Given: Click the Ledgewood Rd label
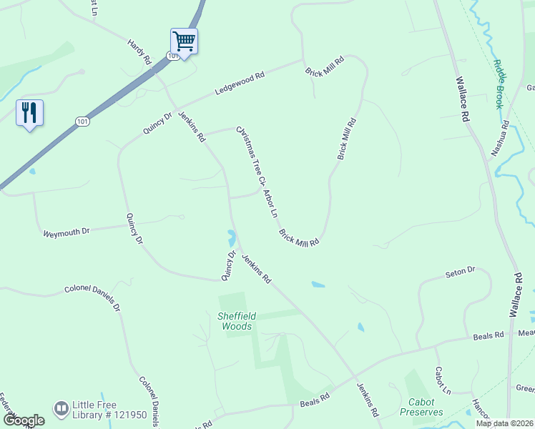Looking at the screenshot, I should click(x=240, y=84).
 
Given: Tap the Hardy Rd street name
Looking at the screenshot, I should click(x=139, y=52).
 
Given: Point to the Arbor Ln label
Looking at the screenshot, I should click(x=271, y=203).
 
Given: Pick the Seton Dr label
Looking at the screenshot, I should click(x=460, y=272).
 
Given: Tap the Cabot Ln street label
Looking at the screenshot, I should click(x=443, y=380).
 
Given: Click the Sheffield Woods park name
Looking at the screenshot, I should click(x=236, y=321).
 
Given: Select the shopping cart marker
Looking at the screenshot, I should click(x=184, y=41).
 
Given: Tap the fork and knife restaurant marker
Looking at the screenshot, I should click(x=29, y=113).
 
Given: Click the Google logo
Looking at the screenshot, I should click(x=24, y=420).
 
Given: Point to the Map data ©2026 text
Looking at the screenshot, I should click(x=504, y=423).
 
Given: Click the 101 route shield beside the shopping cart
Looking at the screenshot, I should click(x=172, y=55).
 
